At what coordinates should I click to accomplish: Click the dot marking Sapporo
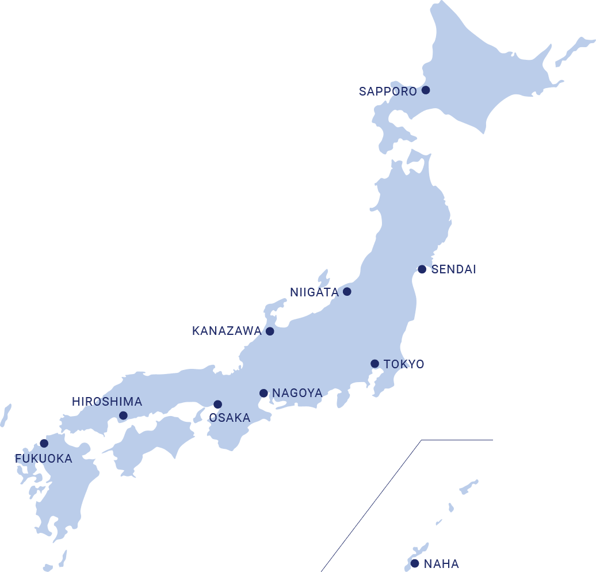coord(426,90)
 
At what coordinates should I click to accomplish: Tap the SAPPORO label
coord(388,91)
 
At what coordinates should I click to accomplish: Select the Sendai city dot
coord(422,269)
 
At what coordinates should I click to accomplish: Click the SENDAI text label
coord(454,269)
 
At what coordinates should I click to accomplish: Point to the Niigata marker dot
coord(347,292)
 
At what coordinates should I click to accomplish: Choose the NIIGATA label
coord(314,292)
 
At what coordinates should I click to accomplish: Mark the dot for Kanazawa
coord(270,331)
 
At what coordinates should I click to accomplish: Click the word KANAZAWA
coord(227,331)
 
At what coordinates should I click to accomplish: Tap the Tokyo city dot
coord(375,364)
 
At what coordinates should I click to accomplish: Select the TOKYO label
coord(404,364)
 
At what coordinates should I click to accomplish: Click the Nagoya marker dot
coord(263,394)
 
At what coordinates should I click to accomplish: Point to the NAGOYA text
coord(297,394)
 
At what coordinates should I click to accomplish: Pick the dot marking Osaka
coord(217,405)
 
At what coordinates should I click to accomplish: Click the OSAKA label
coord(230,418)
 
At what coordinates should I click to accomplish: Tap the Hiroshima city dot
coord(123,415)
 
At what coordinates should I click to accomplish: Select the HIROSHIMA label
coord(107,402)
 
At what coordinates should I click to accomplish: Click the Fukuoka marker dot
coord(44,443)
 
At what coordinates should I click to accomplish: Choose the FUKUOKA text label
coord(44,459)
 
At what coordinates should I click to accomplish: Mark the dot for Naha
coord(415,563)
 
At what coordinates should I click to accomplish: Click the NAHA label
coord(441,564)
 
